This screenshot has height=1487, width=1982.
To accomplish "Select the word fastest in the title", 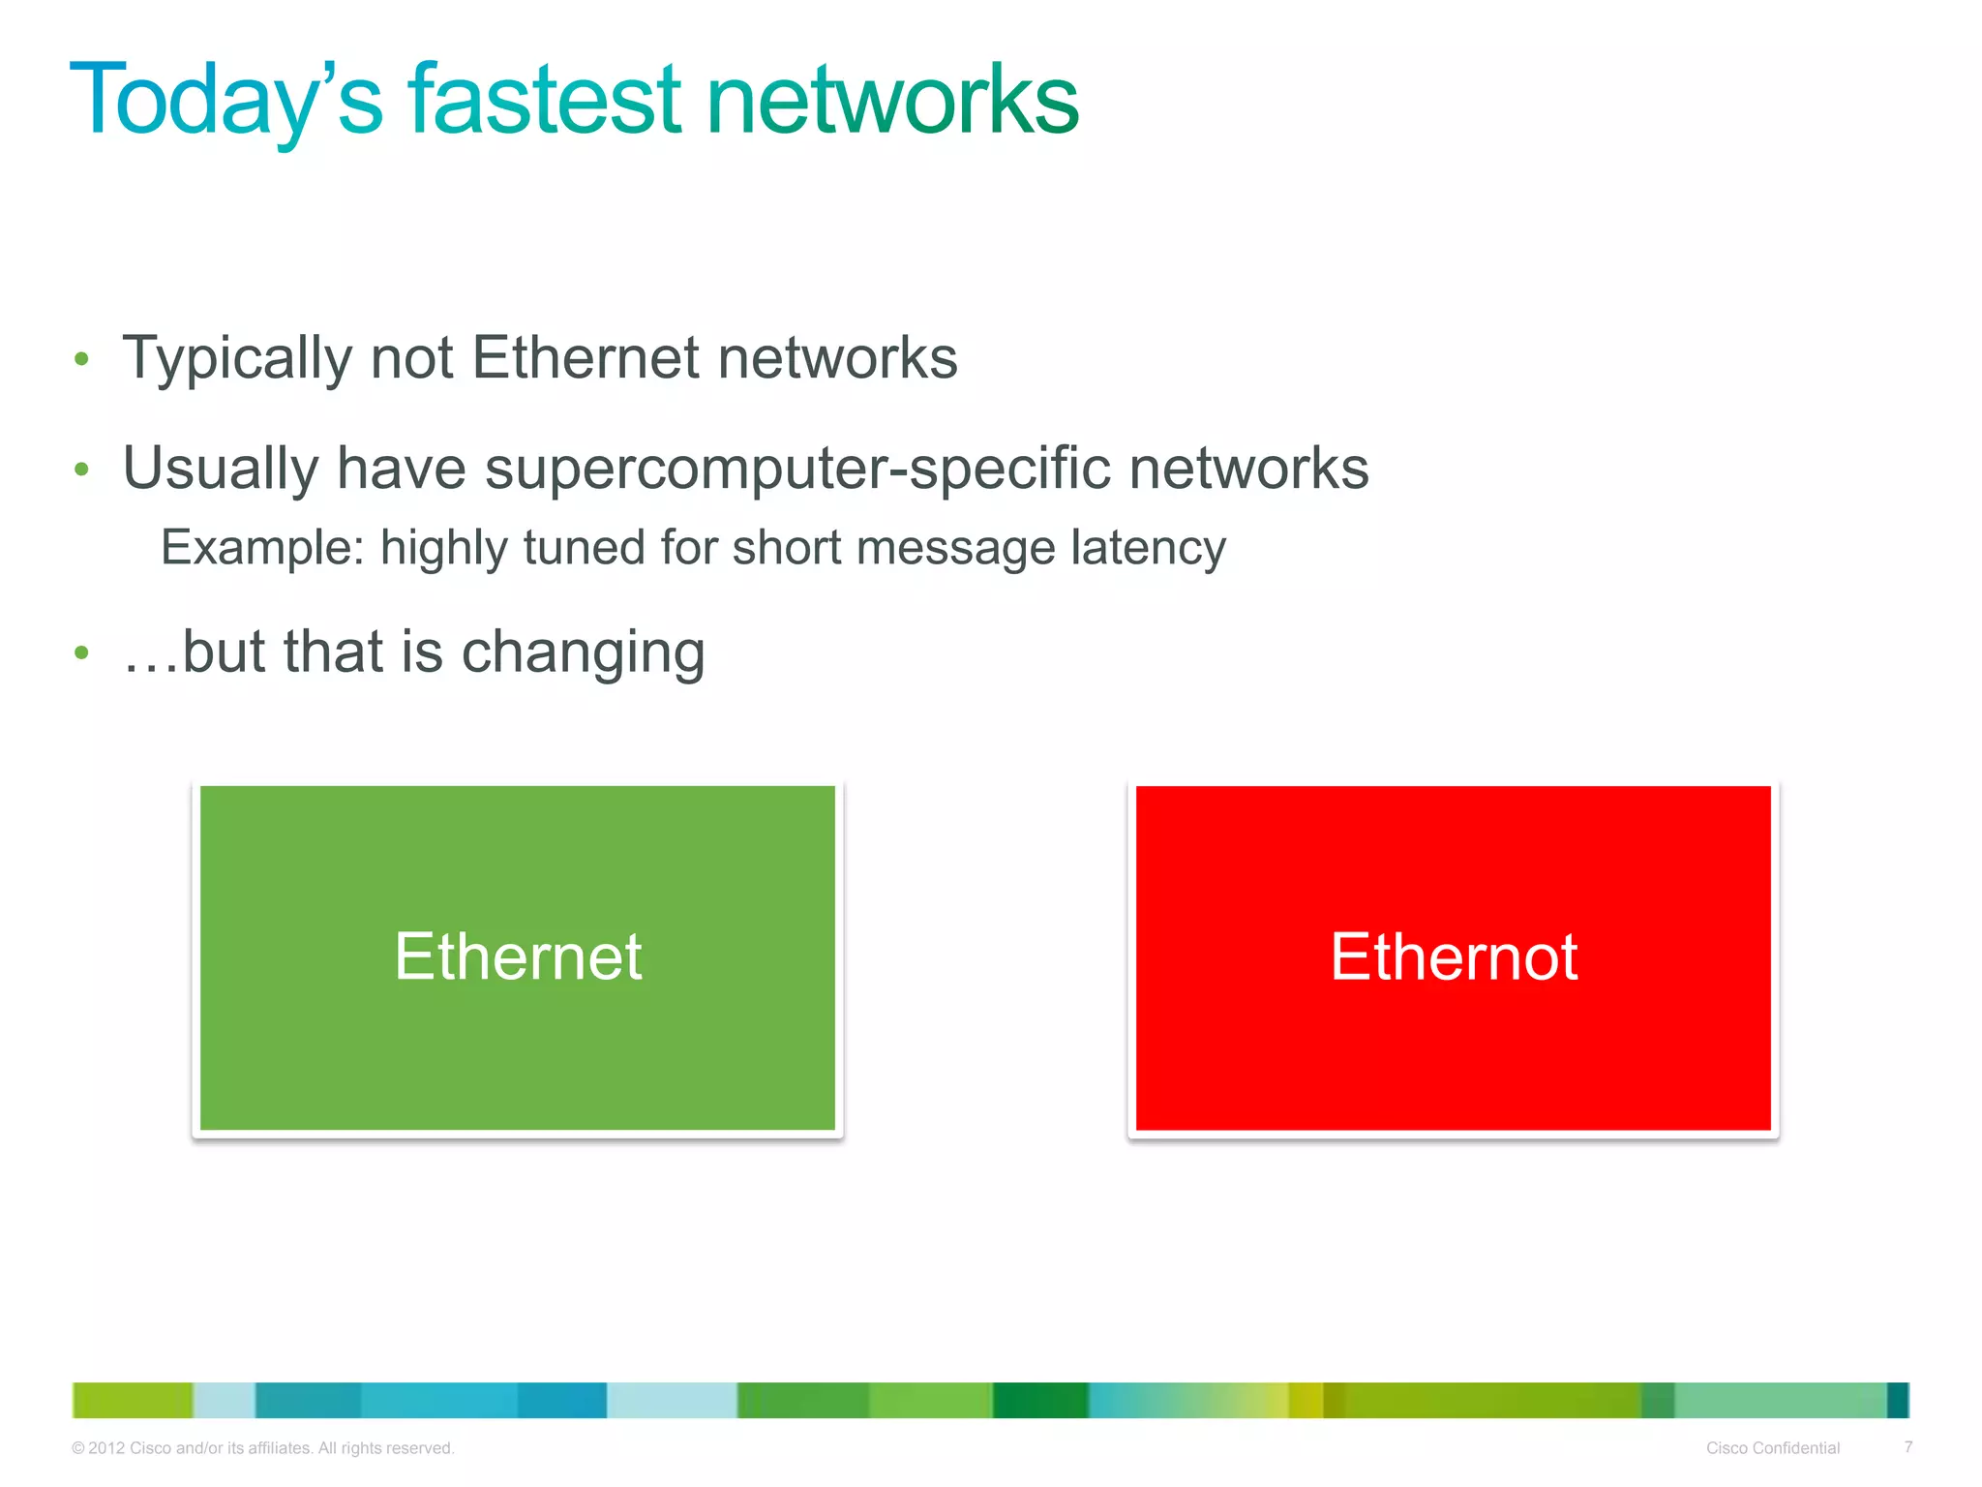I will click(545, 99).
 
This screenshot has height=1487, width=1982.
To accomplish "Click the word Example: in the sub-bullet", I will click(262, 548).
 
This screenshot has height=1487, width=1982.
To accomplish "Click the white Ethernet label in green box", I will click(518, 956).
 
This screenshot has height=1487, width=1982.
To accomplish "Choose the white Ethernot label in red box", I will click(1454, 956).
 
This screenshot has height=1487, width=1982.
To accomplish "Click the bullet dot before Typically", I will click(82, 360).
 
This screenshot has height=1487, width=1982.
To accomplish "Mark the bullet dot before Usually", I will click(82, 470).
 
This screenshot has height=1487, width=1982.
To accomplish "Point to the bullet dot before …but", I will click(82, 653).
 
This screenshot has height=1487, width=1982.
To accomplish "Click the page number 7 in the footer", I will click(1907, 1446).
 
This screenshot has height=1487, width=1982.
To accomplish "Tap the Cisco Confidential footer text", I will click(1772, 1447).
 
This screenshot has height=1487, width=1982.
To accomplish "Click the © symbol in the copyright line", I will click(78, 1448).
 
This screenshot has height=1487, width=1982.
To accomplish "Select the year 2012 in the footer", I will click(106, 1448).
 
